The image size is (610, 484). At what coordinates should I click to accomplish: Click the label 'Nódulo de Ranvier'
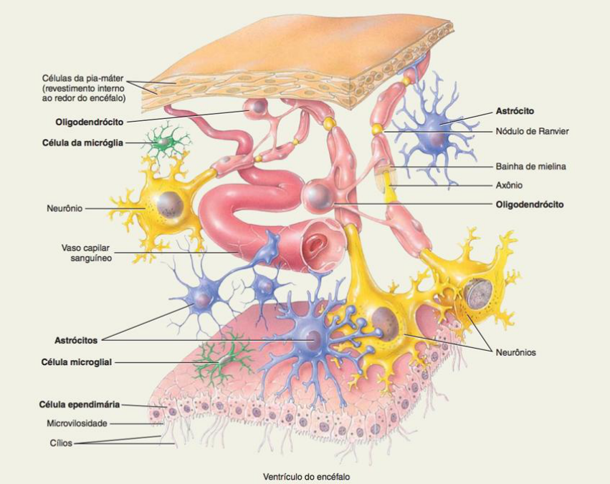tap(533, 131)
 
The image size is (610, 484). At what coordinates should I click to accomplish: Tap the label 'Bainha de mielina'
tap(531, 167)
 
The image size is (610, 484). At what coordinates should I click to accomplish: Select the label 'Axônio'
tap(510, 185)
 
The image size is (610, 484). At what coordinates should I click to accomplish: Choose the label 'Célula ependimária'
tap(80, 405)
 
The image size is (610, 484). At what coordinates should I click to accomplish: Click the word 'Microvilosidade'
tap(77, 423)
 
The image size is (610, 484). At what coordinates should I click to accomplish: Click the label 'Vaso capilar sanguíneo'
tap(86, 253)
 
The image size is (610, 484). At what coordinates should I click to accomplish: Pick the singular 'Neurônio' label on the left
tap(64, 208)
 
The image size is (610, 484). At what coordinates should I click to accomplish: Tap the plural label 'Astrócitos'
tap(76, 339)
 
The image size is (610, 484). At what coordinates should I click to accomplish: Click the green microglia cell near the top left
tap(163, 141)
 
